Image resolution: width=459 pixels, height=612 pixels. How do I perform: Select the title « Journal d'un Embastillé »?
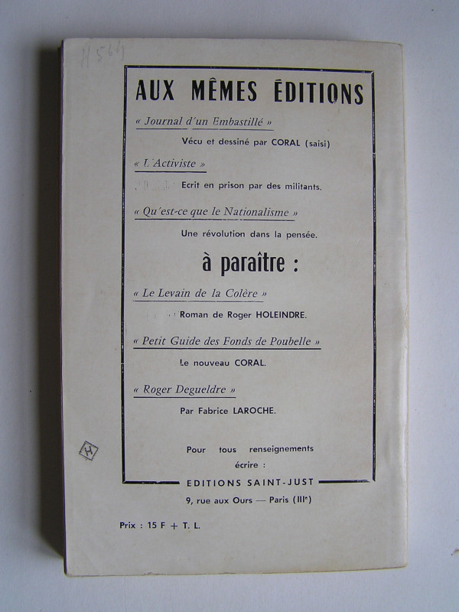[203, 122]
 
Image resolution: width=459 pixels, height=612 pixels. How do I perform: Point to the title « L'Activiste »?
[169, 164]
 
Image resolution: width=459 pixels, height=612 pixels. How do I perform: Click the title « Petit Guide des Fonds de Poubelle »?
[226, 341]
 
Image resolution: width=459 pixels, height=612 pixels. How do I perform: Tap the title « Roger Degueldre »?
[184, 389]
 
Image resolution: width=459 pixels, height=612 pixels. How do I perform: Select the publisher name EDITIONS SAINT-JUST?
[249, 482]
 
